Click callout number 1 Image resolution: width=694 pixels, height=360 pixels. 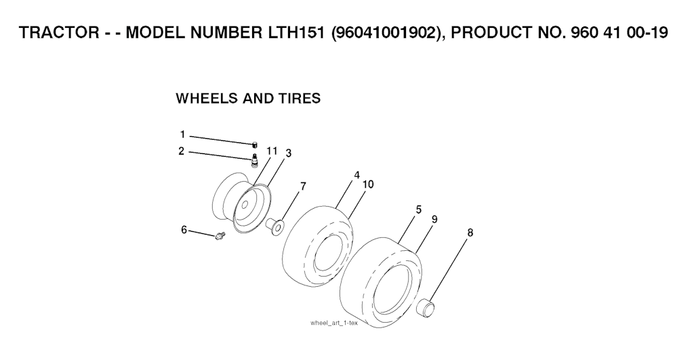click(x=182, y=134)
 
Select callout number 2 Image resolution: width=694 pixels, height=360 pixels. click(x=182, y=151)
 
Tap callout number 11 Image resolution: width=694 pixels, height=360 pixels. click(x=272, y=151)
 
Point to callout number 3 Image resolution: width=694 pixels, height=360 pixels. click(x=289, y=153)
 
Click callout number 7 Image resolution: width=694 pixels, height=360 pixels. click(x=303, y=186)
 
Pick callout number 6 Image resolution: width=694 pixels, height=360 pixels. click(x=184, y=230)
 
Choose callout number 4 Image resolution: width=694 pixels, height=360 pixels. click(x=356, y=175)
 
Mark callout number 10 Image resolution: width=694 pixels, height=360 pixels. click(x=368, y=184)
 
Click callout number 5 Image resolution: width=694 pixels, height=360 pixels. click(x=419, y=209)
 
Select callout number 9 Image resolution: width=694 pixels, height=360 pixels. click(x=434, y=219)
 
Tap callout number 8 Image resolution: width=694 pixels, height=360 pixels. click(x=470, y=232)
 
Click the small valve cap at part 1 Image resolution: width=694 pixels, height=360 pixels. click(x=255, y=144)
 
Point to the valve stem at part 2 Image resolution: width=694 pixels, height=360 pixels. click(x=255, y=161)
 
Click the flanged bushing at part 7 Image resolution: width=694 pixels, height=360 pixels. click(x=275, y=225)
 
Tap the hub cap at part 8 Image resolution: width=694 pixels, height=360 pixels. click(x=426, y=307)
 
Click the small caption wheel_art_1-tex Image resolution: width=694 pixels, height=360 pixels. click(x=334, y=323)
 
